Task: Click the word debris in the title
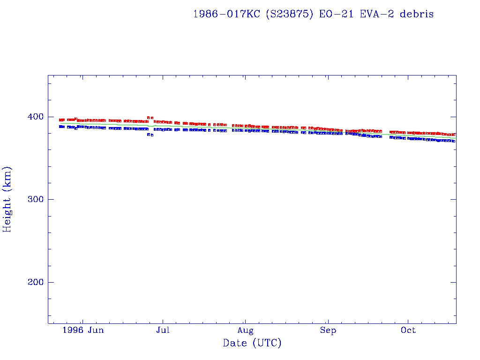(417, 14)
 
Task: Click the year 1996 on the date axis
(74, 330)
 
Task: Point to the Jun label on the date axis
(96, 330)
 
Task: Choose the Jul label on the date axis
(163, 330)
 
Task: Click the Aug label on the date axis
(245, 330)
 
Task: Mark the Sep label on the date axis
(328, 330)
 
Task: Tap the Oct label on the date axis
(408, 330)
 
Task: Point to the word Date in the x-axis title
(235, 344)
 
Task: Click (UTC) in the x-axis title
(267, 344)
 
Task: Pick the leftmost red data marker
(60, 120)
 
